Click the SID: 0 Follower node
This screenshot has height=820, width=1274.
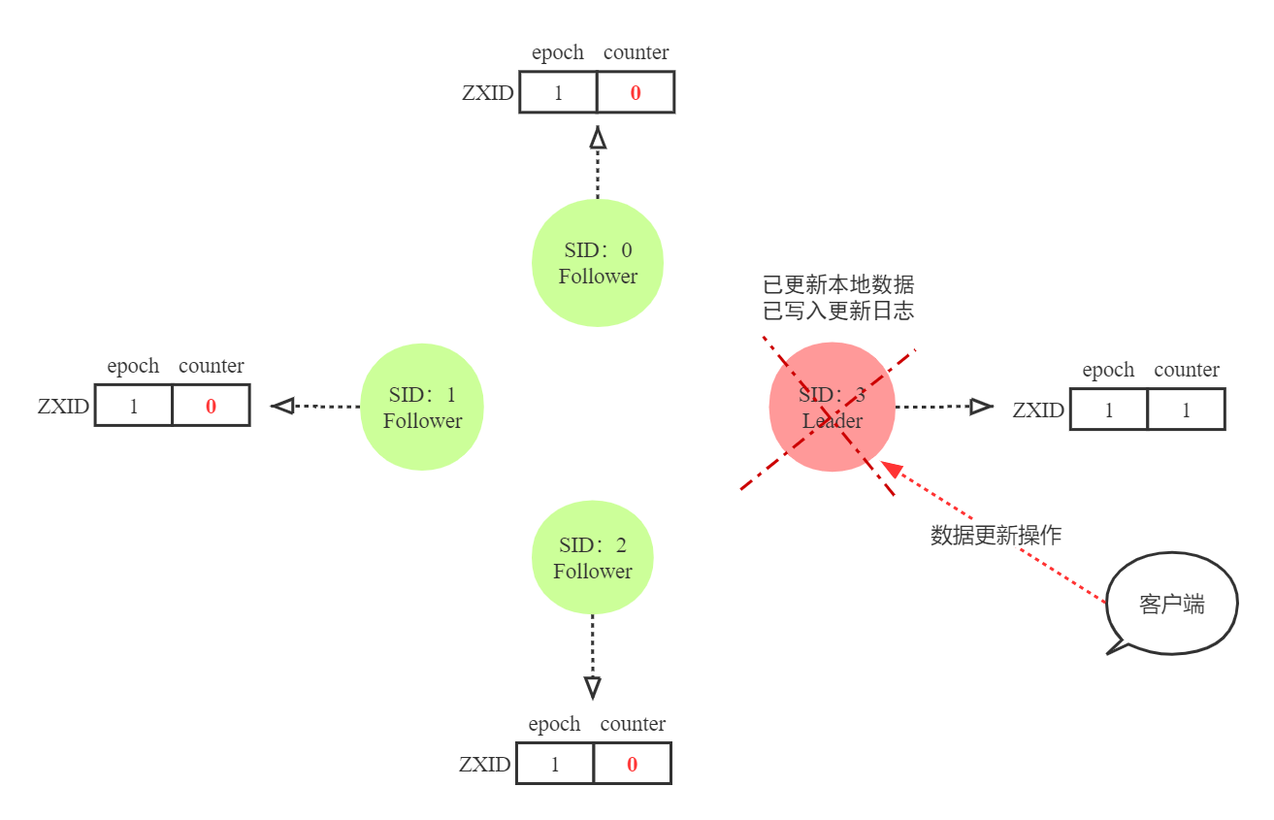coord(598,263)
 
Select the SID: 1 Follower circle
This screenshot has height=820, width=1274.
coord(422,408)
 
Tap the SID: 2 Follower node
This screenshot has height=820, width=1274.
coord(593,558)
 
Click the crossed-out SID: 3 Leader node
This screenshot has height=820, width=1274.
coord(833,408)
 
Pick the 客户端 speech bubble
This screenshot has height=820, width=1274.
coord(1172,605)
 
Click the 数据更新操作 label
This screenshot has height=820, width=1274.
coord(996,535)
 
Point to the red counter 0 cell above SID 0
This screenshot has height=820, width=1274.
coord(636,94)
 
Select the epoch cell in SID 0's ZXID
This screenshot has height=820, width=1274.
coord(558,94)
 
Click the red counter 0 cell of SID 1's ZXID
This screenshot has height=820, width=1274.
coord(211,407)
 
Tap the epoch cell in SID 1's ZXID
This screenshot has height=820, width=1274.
coord(134,407)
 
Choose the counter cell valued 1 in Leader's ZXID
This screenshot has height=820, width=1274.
coord(1186,410)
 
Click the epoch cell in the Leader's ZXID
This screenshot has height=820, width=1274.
coord(1109,410)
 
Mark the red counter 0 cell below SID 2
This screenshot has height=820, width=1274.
coord(632,765)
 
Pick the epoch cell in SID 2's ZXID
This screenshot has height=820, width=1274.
coord(555,765)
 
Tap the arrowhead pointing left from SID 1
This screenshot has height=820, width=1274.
coord(282,406)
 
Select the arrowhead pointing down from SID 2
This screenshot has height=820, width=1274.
coord(593,688)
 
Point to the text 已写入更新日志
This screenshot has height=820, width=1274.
coord(838,311)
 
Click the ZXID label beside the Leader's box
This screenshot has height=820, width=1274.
coord(1038,410)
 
